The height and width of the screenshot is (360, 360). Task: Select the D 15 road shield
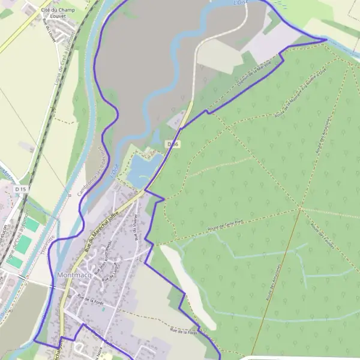[x=20, y=189]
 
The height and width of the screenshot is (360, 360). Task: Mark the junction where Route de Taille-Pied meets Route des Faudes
[x=299, y=209]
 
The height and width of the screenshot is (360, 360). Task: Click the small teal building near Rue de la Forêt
[x=103, y=310]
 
